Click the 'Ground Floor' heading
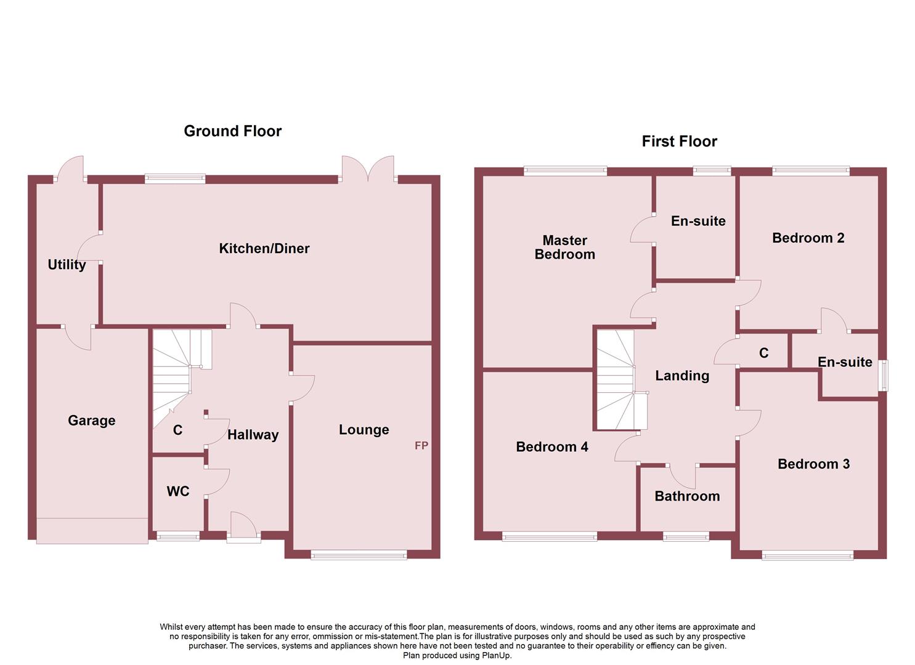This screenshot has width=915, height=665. pos(232,131)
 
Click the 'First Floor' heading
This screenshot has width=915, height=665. pos(679,142)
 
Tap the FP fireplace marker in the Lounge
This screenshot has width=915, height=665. pos(421,445)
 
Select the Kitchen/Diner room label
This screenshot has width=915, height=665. pos(264,248)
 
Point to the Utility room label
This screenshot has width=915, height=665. pos(67,265)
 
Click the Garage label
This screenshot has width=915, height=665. pos(91,421)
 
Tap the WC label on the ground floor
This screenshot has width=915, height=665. pos(177,491)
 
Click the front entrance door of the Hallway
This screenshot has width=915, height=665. pos(243,528)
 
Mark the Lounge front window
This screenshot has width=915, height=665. pos(359,555)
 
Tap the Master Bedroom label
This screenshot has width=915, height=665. pos(564,248)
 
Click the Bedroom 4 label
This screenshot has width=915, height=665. pos(551,447)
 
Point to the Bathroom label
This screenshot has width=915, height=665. pos(686,496)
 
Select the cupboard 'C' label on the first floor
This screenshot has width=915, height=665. pos(763,353)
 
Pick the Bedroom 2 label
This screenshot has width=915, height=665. pos(808,238)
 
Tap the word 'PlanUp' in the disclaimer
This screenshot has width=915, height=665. pos(496,655)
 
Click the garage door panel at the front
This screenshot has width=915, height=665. pos(92,531)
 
